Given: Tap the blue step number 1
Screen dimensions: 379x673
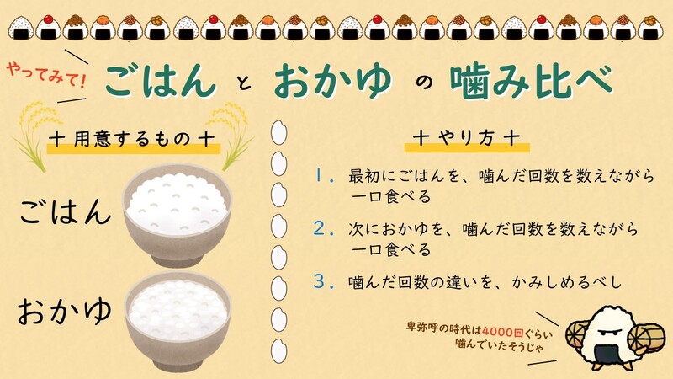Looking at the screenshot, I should point(321,177).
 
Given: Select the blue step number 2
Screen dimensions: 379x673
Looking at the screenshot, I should point(320,229).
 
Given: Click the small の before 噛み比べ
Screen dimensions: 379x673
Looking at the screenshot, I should point(424,83).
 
